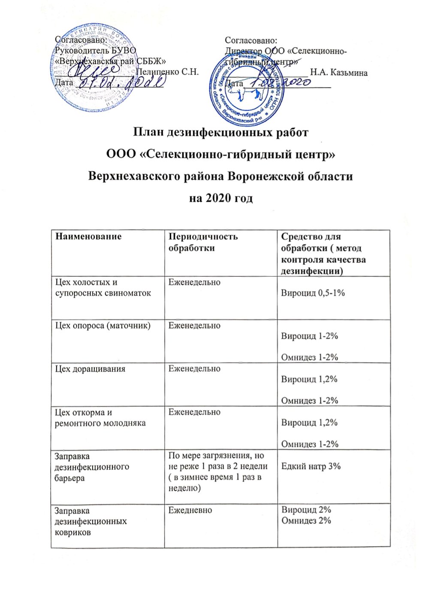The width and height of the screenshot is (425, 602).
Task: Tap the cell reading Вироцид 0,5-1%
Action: tap(313, 293)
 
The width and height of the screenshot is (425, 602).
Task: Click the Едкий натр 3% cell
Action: tap(310, 466)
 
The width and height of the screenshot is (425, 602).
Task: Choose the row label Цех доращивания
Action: tap(90, 369)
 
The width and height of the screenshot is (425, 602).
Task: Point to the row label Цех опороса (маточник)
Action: tap(102, 326)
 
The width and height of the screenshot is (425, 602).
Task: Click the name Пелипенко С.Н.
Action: tap(167, 72)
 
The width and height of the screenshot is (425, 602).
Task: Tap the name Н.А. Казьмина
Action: tap(339, 73)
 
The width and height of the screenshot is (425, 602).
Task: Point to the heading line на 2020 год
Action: tap(221, 199)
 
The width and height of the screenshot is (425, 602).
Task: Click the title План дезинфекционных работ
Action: tap(220, 132)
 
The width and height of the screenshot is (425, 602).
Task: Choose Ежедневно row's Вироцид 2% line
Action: tap(306, 510)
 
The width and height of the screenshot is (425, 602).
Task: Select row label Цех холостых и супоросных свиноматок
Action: tap(103, 288)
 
